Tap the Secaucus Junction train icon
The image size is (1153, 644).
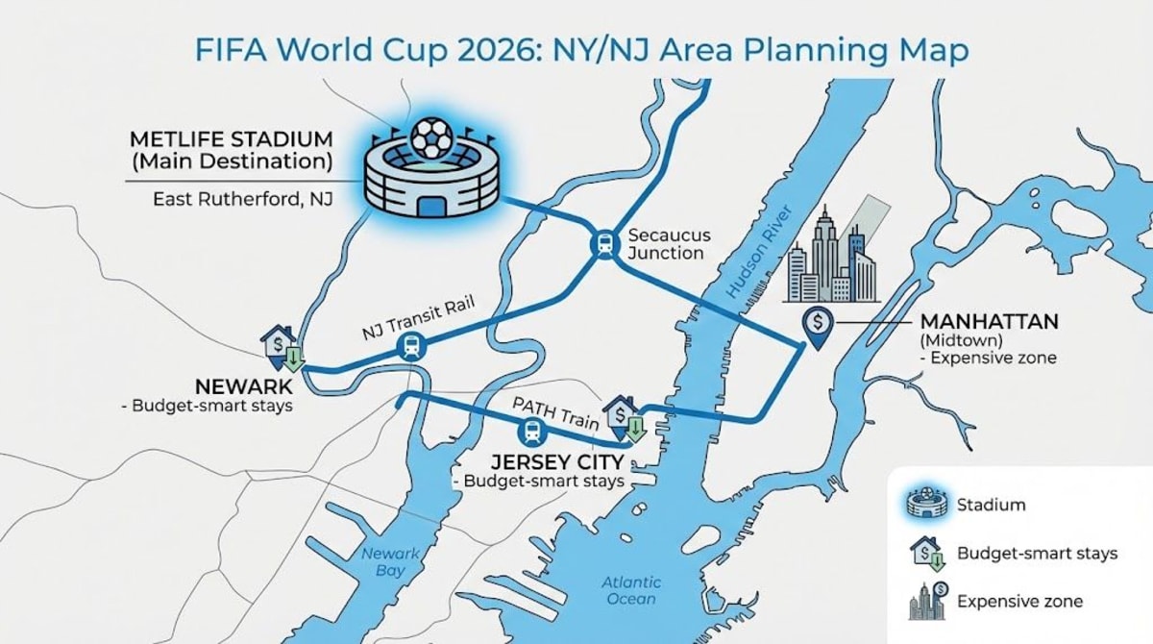click(x=603, y=245)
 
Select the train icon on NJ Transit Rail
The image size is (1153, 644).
click(x=411, y=347)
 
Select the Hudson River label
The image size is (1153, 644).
click(x=760, y=254)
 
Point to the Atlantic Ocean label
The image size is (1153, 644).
click(x=631, y=590)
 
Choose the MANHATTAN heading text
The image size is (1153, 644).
click(x=989, y=321)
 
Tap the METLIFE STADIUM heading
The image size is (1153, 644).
click(x=231, y=138)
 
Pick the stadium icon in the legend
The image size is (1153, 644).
click(x=928, y=505)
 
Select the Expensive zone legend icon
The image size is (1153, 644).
click(x=928, y=601)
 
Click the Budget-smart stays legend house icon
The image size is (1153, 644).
click(x=928, y=554)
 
